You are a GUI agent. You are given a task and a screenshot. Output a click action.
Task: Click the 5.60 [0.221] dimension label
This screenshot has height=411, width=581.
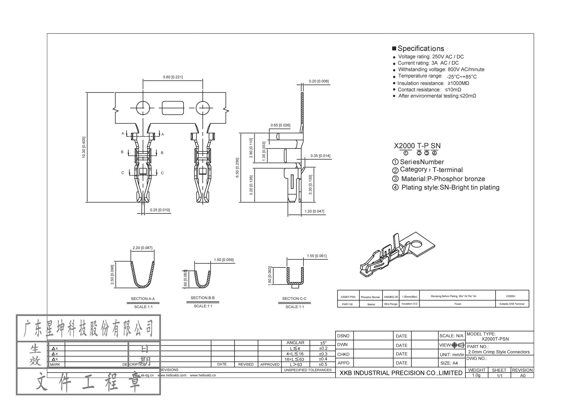coord(173,77)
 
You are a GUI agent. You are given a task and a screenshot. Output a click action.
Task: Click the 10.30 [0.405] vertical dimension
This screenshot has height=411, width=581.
coord(84,147)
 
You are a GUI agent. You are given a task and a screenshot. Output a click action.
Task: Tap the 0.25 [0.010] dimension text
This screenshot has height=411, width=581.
coord(160,210)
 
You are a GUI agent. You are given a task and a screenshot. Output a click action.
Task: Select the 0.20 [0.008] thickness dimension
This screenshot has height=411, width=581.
coord(318,81)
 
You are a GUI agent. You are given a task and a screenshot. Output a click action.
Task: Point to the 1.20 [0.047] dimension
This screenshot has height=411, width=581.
coord(314,211)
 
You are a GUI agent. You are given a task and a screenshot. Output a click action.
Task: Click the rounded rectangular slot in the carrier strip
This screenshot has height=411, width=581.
coord(173,108)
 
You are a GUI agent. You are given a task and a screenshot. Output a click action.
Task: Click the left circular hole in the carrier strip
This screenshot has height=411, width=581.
coord(143,108)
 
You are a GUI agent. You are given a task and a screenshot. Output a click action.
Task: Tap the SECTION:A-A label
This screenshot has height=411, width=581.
coord(143,299)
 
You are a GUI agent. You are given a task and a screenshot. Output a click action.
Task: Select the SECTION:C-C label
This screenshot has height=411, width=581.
coord(294,299)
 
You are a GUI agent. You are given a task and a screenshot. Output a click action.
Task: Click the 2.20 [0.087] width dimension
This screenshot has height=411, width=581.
coord(142,248)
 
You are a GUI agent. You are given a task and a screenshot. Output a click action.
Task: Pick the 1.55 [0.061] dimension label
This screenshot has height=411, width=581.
coord(316,256)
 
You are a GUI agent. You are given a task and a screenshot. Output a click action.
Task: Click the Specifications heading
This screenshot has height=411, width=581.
coord(420,48)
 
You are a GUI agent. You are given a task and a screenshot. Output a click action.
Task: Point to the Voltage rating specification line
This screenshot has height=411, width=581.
coord(430,57)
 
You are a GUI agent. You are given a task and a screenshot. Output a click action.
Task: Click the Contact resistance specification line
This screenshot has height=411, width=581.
coord(429,89)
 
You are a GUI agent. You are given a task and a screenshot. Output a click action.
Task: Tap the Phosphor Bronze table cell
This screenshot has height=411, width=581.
coord(370,297)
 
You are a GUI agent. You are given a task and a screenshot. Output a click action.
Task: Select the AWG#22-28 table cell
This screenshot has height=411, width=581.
coord(391,297)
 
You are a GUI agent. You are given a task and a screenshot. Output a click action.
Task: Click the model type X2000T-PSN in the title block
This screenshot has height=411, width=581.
coord(495,339)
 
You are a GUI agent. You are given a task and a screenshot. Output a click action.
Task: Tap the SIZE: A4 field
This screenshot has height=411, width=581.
coord(449,363)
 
